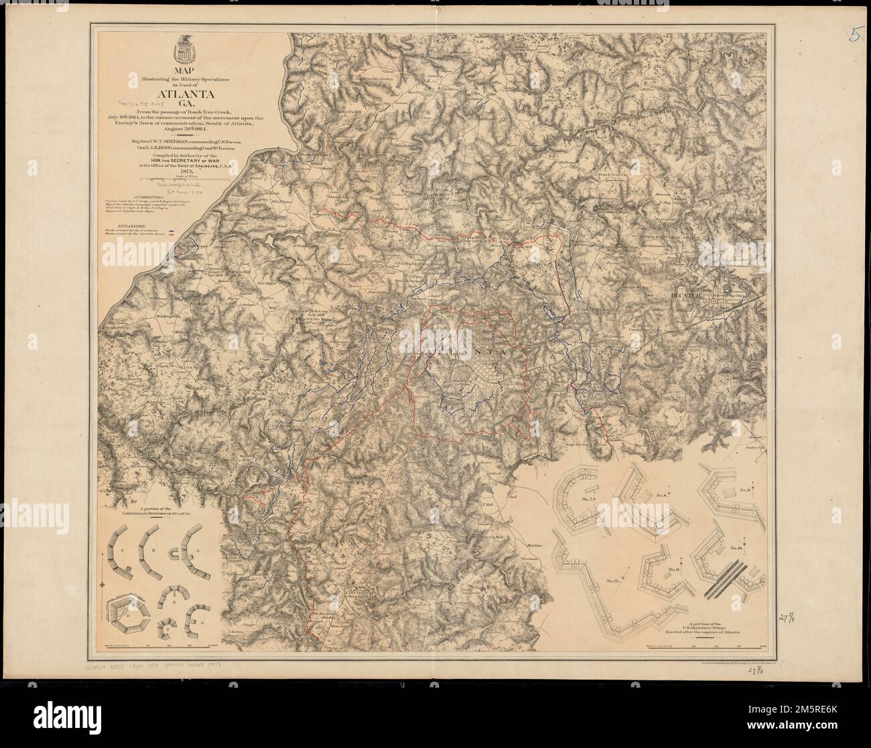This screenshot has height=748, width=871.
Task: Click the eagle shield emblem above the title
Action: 182,51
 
